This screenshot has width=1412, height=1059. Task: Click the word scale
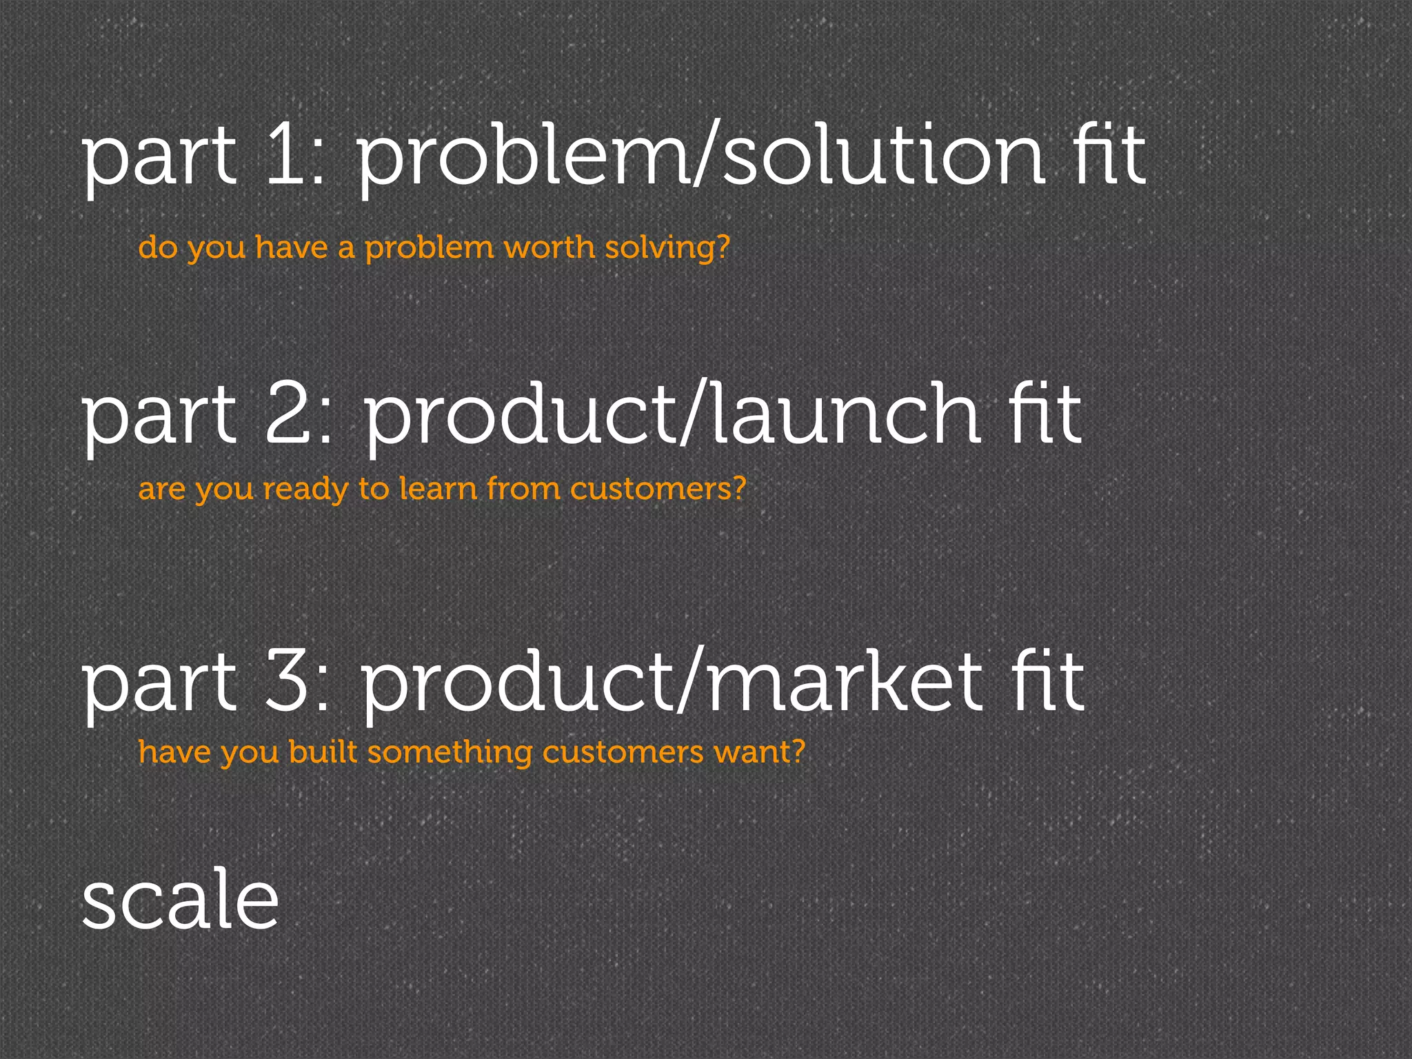coord(181,898)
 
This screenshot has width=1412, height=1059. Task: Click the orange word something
coord(450,752)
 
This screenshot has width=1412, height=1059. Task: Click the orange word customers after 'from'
coord(651,489)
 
